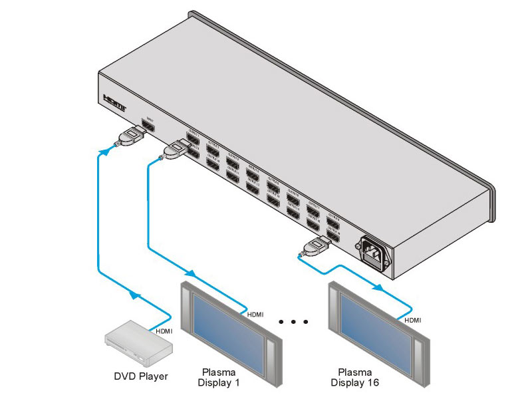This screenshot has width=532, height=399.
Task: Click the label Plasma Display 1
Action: (219, 378)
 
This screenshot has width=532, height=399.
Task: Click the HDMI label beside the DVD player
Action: (164, 331)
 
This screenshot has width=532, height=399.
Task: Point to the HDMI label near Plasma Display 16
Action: (413, 320)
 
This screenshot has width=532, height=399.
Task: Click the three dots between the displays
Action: (294, 323)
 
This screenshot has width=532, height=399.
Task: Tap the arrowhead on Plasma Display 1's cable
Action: (192, 274)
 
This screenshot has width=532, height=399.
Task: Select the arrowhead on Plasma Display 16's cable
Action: (378, 287)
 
